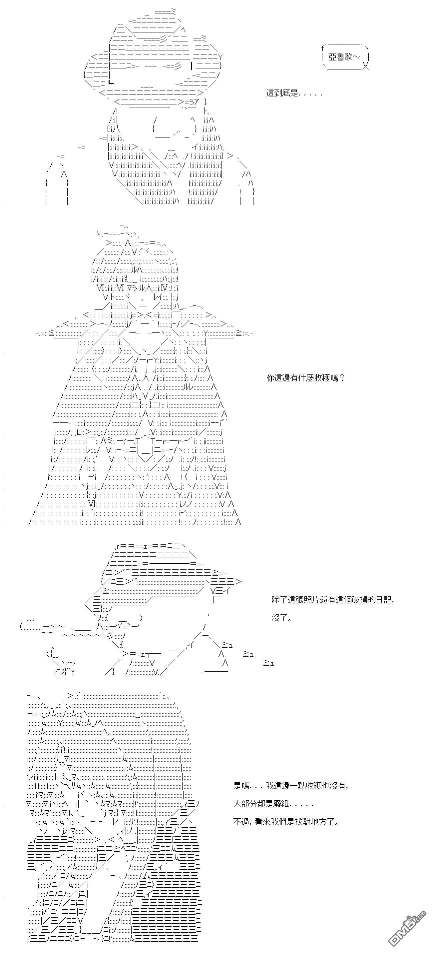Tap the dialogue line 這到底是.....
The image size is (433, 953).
coord(294,93)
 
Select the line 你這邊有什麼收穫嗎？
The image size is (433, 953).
coord(305,378)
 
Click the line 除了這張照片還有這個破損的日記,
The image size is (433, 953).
coord(332,600)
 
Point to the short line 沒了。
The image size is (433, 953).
coord(281,618)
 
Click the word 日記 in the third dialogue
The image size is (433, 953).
coord(385,600)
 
